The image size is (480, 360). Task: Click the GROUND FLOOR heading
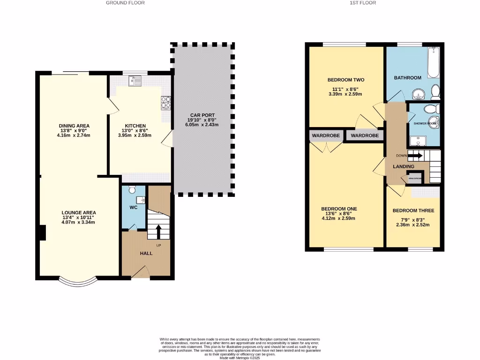125,3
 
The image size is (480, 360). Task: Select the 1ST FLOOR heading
362,3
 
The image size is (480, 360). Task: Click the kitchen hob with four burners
165,103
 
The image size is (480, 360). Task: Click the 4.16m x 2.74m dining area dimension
74,135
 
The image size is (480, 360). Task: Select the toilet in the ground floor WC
132,189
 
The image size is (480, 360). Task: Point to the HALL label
146,254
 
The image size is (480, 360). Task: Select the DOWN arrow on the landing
415,156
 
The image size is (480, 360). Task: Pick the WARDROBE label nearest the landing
364,135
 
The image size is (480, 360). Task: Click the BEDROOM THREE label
413,211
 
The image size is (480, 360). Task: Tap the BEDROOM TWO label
345,80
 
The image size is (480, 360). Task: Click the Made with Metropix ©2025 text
240,358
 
